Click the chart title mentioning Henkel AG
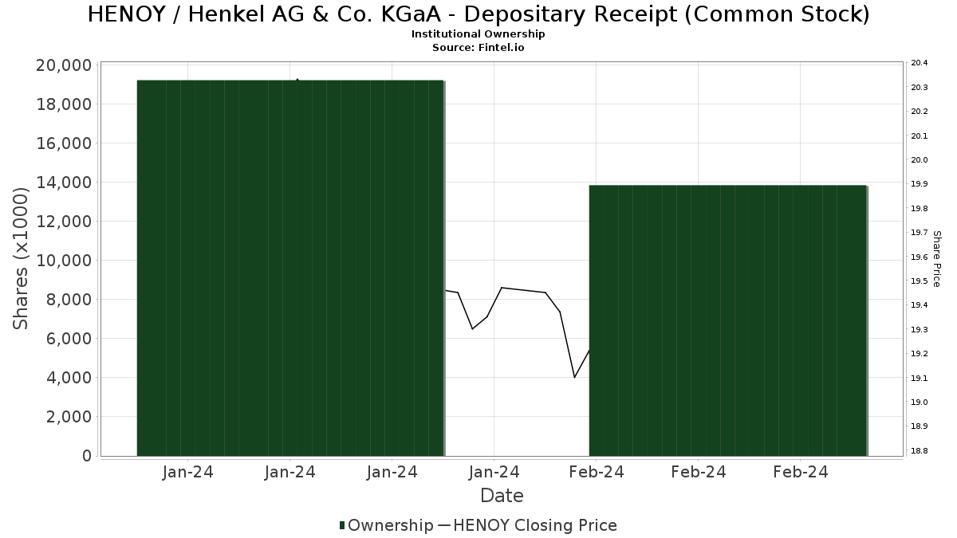tap(478, 14)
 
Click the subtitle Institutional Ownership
tap(478, 34)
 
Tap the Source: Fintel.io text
tap(478, 48)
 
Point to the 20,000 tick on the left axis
tap(64, 65)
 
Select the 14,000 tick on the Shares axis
tap(64, 183)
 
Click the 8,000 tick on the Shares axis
tap(69, 300)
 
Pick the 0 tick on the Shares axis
tap(86, 456)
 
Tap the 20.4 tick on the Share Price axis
tap(919, 63)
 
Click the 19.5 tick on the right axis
tap(919, 281)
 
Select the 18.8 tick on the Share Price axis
tap(919, 451)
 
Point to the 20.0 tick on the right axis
tap(919, 160)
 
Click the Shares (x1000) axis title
tap(22, 259)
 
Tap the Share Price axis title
tap(936, 258)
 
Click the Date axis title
tap(502, 496)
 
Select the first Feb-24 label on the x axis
tap(596, 473)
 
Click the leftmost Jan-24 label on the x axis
tap(187, 473)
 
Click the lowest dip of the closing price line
tap(574, 377)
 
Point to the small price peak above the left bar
tap(297, 80)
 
